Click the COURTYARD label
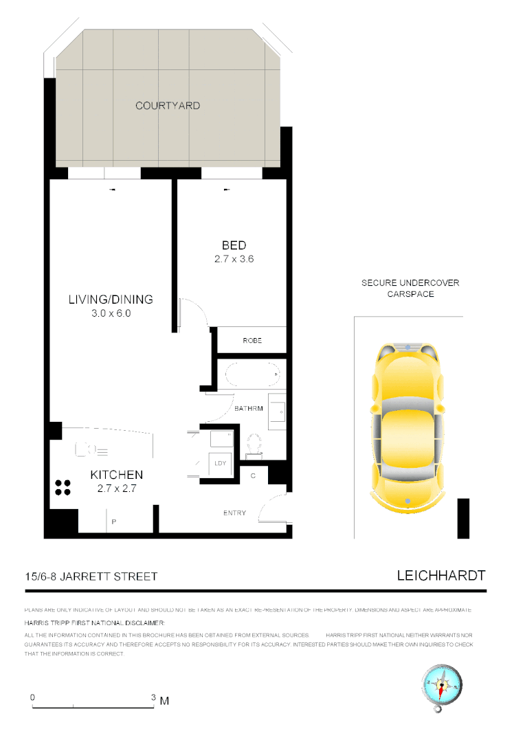[168, 106]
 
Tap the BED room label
[234, 245]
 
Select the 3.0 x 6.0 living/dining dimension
[110, 313]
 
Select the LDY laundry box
[220, 463]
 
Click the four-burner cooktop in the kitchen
[63, 487]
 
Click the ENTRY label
[234, 513]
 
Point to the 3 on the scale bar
[153, 697]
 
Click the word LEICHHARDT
[441, 576]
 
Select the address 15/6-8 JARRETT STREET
[91, 576]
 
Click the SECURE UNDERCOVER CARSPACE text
[410, 288]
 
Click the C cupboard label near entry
[253, 475]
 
